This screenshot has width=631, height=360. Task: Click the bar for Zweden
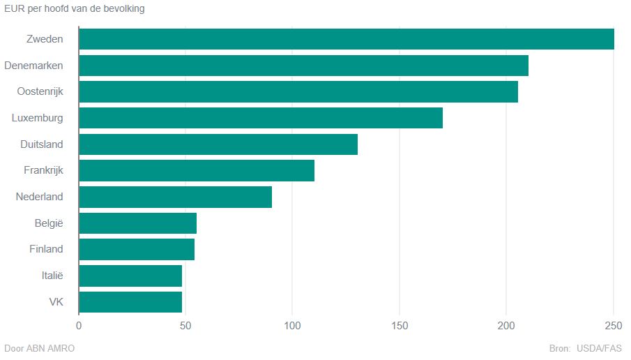point(347,39)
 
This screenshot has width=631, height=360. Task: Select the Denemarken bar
point(303,66)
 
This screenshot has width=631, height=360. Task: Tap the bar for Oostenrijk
point(298,91)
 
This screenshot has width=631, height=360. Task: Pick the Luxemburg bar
point(261,118)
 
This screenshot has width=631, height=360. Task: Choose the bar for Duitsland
point(218,144)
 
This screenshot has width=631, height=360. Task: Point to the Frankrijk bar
point(197,170)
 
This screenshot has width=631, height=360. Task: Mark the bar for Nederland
point(175,197)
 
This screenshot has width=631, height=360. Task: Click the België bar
point(137,223)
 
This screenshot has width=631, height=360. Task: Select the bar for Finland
point(137,249)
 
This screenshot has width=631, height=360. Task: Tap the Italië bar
point(130,276)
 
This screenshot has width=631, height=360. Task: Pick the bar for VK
point(130,301)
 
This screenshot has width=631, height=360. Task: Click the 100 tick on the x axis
point(292,326)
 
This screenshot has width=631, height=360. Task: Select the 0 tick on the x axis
point(79,326)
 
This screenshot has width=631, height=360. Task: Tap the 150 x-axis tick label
point(400,326)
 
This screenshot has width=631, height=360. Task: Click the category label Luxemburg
point(38,118)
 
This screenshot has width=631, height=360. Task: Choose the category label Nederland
point(39,197)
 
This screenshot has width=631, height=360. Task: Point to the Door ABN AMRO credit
point(39,348)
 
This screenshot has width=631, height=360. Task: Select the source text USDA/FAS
point(599,348)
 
